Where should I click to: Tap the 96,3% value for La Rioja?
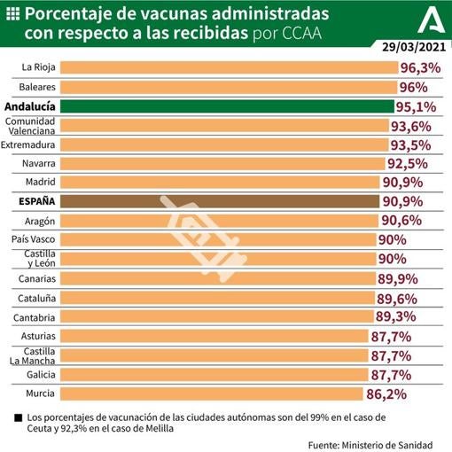420,67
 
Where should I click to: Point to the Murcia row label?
42,393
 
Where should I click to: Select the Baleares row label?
39,87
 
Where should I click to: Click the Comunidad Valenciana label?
33,125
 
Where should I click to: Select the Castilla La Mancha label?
33,355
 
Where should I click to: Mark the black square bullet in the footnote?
19,417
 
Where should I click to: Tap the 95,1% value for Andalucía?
417,106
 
